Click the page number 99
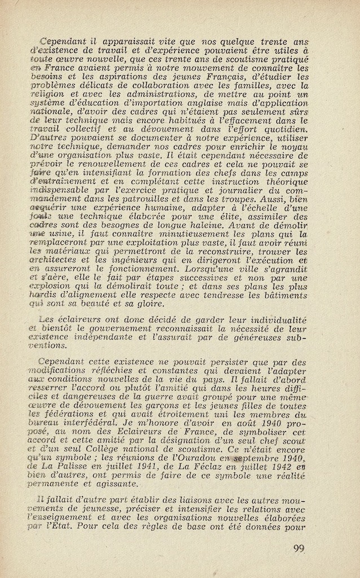[x=299, y=548]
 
